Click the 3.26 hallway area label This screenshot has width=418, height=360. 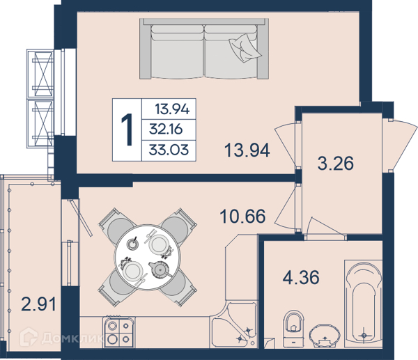pos(335,163)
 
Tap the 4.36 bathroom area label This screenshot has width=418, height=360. pos(301,277)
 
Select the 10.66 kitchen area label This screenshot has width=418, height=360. pos(242,216)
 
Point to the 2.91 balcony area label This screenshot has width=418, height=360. pos(38,304)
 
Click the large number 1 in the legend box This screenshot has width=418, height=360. pos(127,130)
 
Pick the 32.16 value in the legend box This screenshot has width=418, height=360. pos(166,130)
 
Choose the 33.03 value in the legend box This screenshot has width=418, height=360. pos(169,150)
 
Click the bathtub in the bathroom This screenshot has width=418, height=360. pos(364,304)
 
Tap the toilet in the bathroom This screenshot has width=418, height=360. pos(293,328)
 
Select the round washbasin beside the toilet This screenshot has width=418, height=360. pos(325,336)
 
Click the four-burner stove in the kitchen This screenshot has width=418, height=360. pos(118,331)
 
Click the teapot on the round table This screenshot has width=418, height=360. pos(160,270)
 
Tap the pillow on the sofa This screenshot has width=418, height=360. pos(245,48)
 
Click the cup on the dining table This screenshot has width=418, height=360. pos(132,243)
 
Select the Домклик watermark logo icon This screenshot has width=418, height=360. pos(29,336)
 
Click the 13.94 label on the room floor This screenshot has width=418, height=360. pos(247,150)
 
